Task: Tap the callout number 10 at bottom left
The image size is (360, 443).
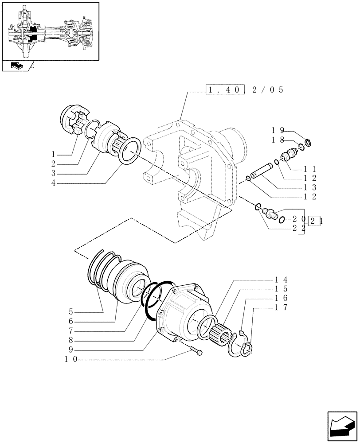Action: point(71,360)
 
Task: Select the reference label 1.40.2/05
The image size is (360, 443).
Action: point(244,90)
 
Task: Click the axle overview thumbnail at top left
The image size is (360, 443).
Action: point(50,31)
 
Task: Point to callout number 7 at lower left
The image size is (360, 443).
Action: point(71,331)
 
